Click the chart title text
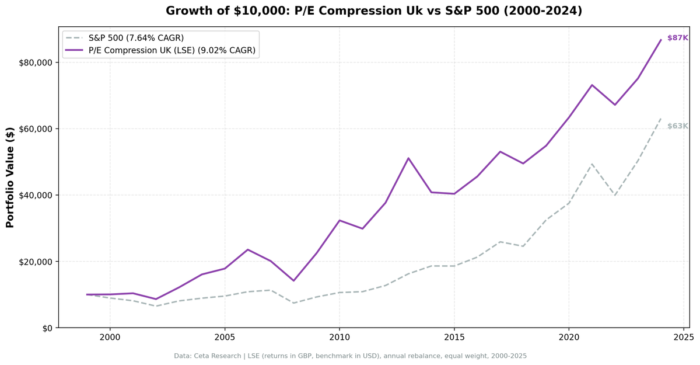point(374,11)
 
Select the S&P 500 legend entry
point(136,38)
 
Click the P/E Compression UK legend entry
point(172,50)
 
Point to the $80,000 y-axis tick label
point(36,62)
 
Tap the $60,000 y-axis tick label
point(36,129)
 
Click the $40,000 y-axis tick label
point(36,195)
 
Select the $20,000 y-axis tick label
point(36,262)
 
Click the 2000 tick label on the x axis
point(110,338)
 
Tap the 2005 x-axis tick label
point(225,338)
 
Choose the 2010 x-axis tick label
point(339,338)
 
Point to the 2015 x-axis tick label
point(454,338)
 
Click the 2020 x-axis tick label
point(569,338)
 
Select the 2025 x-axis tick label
point(683,338)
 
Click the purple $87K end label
point(678,38)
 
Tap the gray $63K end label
point(678,126)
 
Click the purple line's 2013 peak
point(408,158)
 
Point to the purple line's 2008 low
point(293,281)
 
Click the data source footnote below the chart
point(350,356)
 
